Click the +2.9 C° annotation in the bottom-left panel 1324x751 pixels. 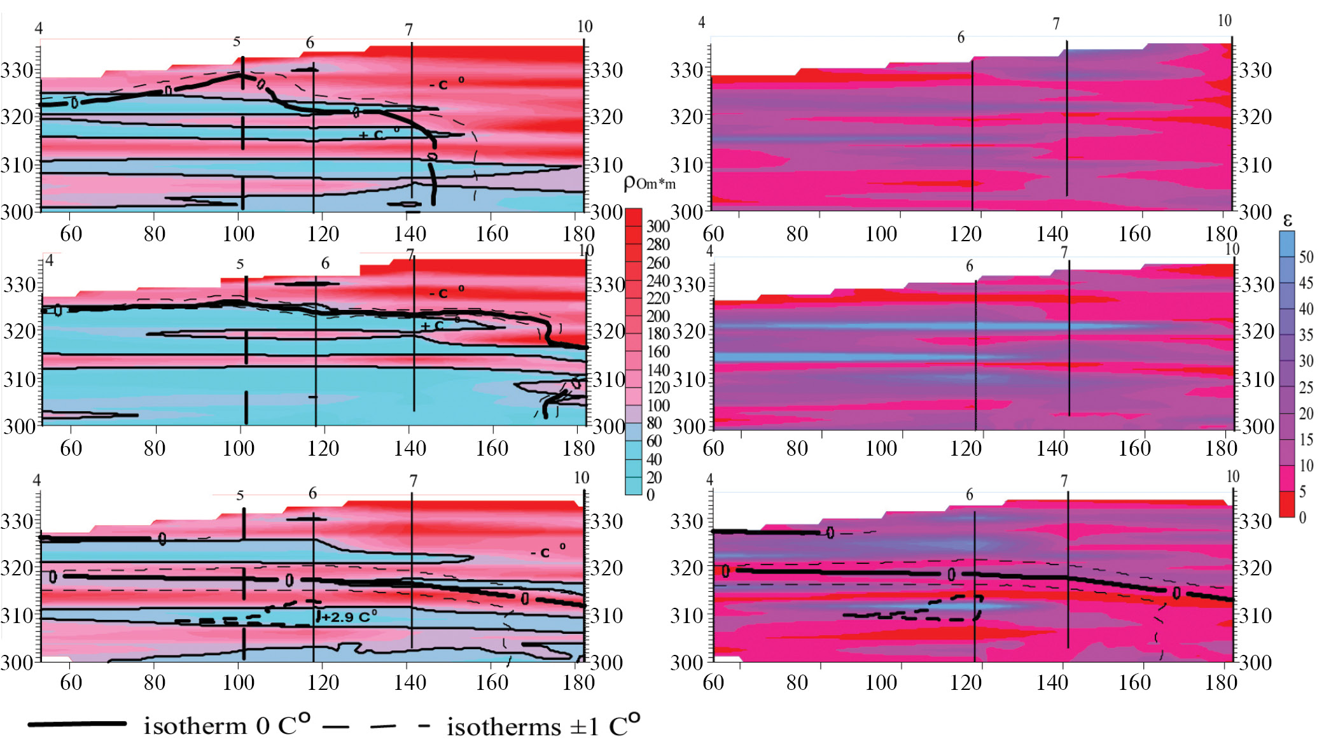pos(349,617)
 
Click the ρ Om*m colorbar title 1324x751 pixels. pos(649,183)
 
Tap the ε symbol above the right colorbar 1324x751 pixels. pos(1287,220)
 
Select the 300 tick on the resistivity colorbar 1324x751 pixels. pos(658,226)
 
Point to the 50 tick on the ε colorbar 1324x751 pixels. pos(1306,257)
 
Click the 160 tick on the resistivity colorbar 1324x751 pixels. pos(658,351)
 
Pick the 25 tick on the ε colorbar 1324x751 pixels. pos(1306,388)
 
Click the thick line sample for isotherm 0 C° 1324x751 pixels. pos(77,724)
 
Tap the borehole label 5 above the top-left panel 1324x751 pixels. pos(237,41)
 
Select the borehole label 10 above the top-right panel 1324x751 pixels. pos(1224,20)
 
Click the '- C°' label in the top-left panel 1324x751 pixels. pos(446,83)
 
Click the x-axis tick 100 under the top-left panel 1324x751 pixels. pos(238,234)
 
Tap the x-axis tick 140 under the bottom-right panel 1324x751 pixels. pos(1052,682)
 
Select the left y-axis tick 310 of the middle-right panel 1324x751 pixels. pos(689,380)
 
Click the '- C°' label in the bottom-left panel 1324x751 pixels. pos(548,551)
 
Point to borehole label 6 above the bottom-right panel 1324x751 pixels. pos(969,495)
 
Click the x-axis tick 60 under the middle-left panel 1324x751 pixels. pos(71,448)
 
